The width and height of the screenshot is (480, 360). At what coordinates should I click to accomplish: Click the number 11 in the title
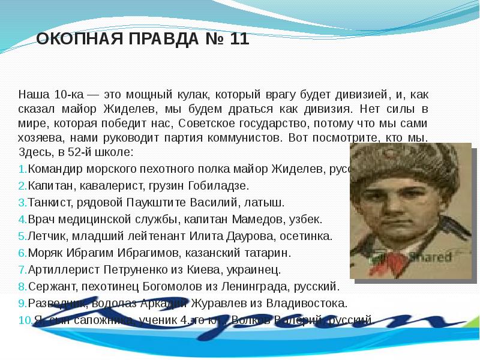pos(237,40)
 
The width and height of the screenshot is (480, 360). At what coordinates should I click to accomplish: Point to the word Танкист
pos(49,203)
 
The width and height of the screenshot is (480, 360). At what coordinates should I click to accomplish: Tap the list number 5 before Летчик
pos(22,236)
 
